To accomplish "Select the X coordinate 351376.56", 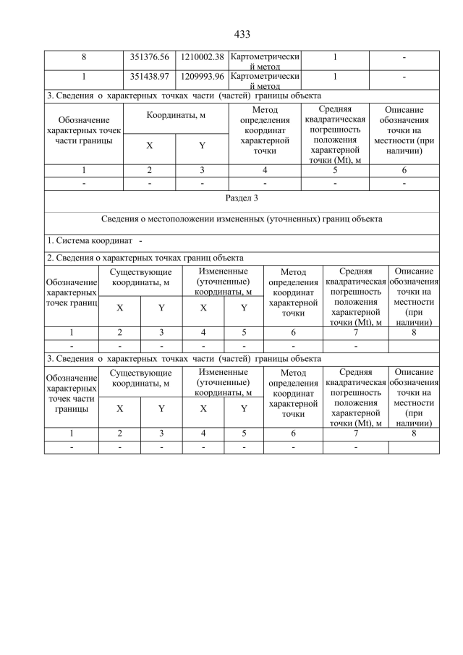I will point(149,57).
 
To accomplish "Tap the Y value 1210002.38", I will point(202,57).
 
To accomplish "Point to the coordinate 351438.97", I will point(149,76).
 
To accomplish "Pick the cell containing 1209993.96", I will point(202,76).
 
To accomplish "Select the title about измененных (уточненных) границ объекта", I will point(242,218).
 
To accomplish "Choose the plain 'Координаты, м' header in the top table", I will point(176,115).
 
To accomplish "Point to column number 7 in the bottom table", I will point(355,434).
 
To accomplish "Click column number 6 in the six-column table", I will point(404,170).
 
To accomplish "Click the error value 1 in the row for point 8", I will point(335,57).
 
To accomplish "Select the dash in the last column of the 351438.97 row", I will point(404,76).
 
